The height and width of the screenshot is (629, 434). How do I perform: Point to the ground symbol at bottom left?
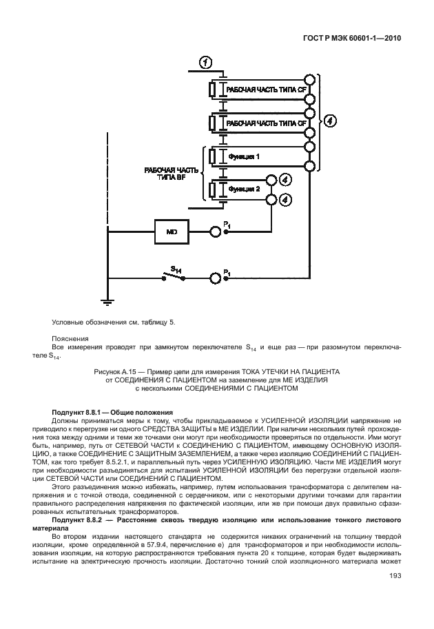pos(107,300)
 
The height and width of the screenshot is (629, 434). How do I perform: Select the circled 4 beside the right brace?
pos(331,122)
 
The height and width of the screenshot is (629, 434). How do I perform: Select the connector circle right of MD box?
pos(216,232)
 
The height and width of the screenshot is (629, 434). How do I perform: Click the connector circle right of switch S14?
pos(216,276)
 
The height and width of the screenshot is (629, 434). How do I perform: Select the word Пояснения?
pos(70,338)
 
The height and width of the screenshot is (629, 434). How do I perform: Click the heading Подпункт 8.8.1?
pos(87,411)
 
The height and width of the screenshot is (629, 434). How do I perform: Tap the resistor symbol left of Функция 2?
pos(214,188)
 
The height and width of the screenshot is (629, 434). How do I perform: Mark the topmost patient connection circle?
pos(310,79)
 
